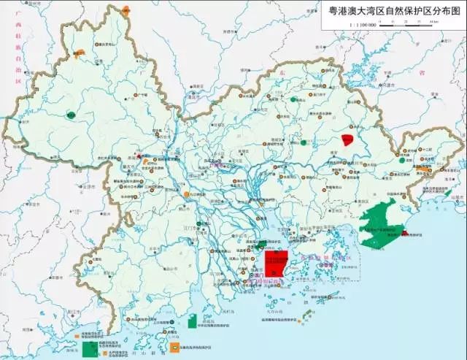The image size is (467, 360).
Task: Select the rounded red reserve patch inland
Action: [x=349, y=139]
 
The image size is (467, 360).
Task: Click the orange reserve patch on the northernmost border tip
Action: [x=126, y=10]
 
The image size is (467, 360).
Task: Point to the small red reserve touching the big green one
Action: [x=404, y=233]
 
